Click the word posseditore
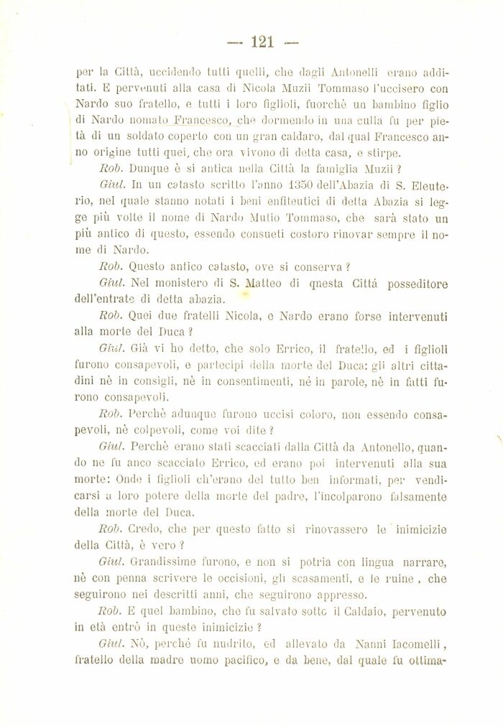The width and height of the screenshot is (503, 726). (x=407, y=284)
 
